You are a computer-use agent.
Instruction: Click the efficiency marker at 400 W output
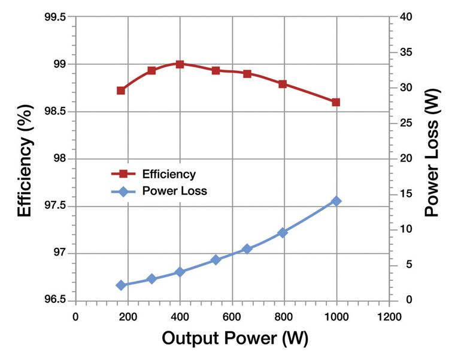pyautogui.click(x=180, y=64)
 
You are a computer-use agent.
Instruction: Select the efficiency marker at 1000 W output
pyautogui.click(x=336, y=102)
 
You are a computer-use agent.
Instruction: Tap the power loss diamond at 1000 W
pyautogui.click(x=336, y=201)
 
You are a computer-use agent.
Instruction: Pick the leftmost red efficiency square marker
pyautogui.click(x=121, y=91)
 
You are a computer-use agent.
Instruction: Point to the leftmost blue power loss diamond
pyautogui.click(x=121, y=286)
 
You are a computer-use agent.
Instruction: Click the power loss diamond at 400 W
pyautogui.click(x=180, y=272)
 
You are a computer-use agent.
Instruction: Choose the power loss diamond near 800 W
pyautogui.click(x=283, y=233)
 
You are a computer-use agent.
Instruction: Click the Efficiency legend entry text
pyautogui.click(x=169, y=175)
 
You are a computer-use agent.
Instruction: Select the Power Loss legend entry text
pyautogui.click(x=175, y=191)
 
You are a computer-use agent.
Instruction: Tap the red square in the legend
pyautogui.click(x=123, y=174)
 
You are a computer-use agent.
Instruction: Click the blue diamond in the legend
pyautogui.click(x=123, y=191)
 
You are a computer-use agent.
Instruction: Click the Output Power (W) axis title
pyautogui.click(x=235, y=338)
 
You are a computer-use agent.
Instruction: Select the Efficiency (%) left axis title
pyautogui.click(x=24, y=159)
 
